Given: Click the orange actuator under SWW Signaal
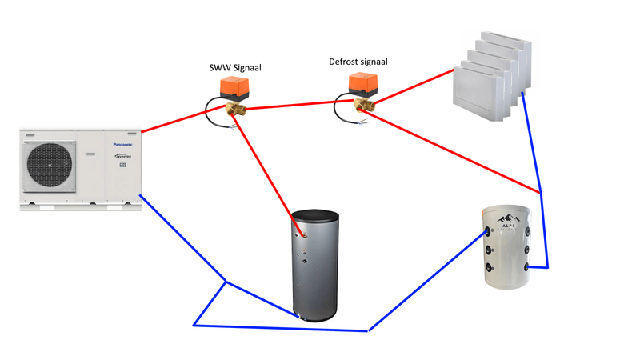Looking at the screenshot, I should pyautogui.click(x=237, y=89).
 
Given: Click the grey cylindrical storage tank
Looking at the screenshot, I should pyautogui.click(x=314, y=264).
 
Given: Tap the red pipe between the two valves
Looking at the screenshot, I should pyautogui.click(x=296, y=104).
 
